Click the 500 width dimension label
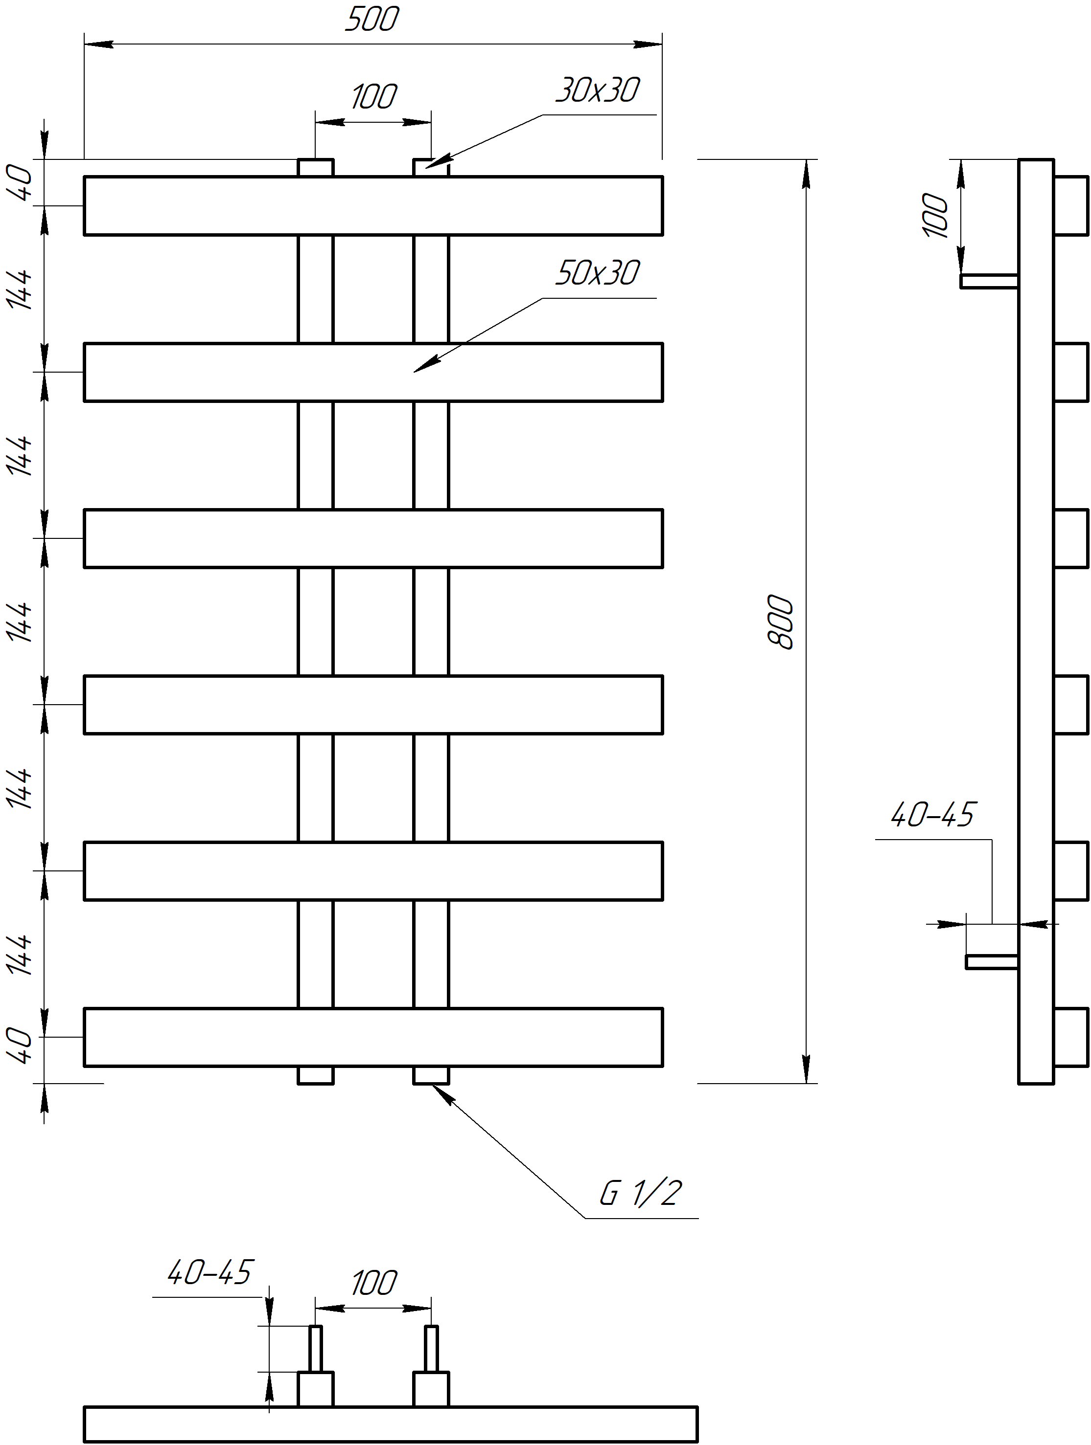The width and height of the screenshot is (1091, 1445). click(371, 20)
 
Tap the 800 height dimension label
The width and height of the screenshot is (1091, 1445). click(781, 622)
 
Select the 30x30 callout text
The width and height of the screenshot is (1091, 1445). click(598, 90)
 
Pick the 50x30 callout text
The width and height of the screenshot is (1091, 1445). click(598, 273)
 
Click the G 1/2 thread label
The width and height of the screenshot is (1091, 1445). click(641, 1194)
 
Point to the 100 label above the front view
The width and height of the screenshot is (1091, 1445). click(373, 97)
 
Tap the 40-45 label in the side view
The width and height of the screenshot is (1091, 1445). click(932, 815)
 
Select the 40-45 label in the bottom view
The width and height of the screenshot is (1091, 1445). click(209, 1272)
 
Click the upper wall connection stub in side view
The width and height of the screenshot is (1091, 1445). click(989, 281)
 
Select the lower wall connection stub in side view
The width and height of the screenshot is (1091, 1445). click(992, 961)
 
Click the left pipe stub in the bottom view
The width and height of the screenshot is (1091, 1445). click(316, 1348)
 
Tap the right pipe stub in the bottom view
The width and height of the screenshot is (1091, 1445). click(431, 1348)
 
